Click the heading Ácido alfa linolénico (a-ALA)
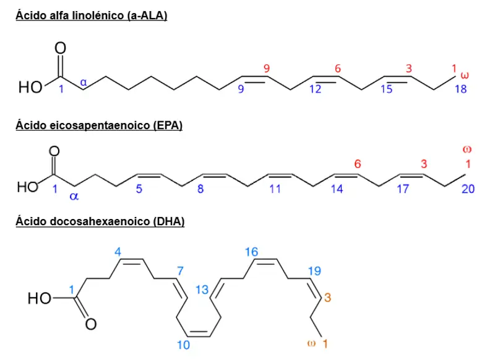(x=92, y=15)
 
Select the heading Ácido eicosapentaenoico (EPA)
(x=99, y=126)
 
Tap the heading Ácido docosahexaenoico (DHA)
(x=100, y=221)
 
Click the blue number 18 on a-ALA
(x=460, y=89)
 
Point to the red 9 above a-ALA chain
(x=267, y=69)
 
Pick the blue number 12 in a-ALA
(x=315, y=89)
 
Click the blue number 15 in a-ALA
(x=386, y=89)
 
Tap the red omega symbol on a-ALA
(x=465, y=75)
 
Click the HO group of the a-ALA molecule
(x=30, y=87)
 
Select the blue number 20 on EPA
(x=468, y=189)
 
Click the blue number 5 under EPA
(x=139, y=189)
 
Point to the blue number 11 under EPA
(x=275, y=189)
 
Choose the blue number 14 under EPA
(x=337, y=189)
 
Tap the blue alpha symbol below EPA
(x=74, y=196)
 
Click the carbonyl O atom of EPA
(x=54, y=151)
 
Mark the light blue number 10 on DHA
(x=183, y=345)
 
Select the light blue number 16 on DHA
(x=252, y=252)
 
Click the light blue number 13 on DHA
(x=202, y=289)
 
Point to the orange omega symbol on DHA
(x=311, y=343)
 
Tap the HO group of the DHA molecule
(x=40, y=298)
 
